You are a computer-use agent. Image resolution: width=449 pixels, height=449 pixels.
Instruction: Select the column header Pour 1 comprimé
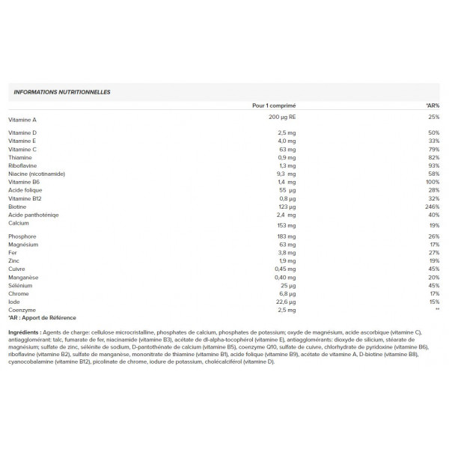[x=275, y=106]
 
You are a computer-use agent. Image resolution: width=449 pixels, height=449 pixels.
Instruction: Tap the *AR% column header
[x=432, y=106]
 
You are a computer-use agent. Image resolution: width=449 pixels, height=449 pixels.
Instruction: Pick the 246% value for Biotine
[x=432, y=207]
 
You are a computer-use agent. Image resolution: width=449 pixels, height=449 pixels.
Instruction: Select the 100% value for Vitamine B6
[x=432, y=182]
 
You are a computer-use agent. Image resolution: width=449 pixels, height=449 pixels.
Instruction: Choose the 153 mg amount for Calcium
[x=287, y=225]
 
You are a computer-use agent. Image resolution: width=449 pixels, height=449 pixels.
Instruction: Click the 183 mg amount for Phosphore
[x=287, y=236]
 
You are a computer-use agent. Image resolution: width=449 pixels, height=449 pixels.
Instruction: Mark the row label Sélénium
[x=21, y=286]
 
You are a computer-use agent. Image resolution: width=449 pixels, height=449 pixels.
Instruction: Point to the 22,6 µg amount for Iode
[x=287, y=302]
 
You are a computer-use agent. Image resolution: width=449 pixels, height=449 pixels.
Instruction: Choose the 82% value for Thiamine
[x=433, y=157]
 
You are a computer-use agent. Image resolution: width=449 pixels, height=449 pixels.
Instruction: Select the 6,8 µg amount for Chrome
[x=287, y=294]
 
